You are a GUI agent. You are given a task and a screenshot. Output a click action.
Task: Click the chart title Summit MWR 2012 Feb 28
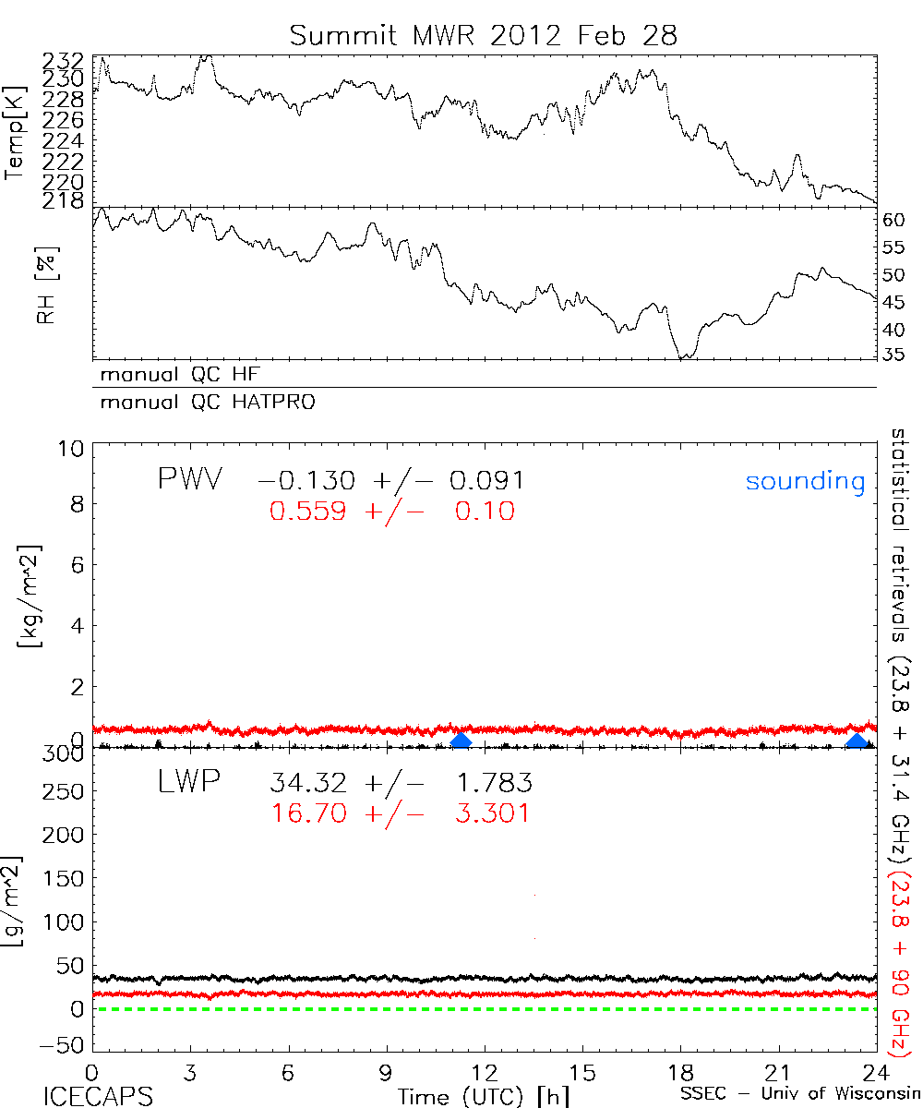click(x=484, y=35)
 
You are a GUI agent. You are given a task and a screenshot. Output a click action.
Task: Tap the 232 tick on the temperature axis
click(x=64, y=62)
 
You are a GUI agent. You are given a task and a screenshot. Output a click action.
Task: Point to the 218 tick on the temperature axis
click(x=64, y=200)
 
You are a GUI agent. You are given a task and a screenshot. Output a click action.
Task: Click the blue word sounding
click(x=806, y=481)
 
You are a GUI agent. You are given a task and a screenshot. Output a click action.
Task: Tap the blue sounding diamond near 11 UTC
click(x=461, y=741)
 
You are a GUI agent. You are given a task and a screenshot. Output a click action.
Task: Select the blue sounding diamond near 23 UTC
click(x=857, y=741)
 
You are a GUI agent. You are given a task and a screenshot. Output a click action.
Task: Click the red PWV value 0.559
click(x=308, y=511)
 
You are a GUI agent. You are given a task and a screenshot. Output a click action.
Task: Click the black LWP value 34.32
click(x=308, y=784)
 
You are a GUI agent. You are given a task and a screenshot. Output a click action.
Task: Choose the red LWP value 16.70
click(x=308, y=813)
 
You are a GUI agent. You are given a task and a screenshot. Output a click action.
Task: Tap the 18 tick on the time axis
click(x=680, y=1072)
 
